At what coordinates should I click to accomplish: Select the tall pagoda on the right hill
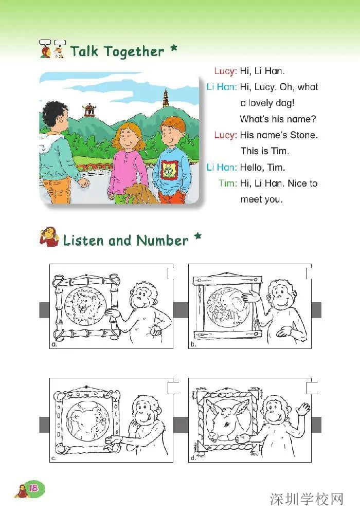[x=166, y=98]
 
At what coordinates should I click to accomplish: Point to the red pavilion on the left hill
[x=89, y=109]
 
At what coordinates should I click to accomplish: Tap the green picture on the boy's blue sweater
[x=168, y=170]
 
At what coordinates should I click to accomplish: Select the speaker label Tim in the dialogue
[x=227, y=183]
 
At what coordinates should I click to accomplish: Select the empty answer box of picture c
[x=173, y=388]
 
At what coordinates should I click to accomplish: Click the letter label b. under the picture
[x=194, y=345]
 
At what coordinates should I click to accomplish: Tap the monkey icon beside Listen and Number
[x=49, y=237]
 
